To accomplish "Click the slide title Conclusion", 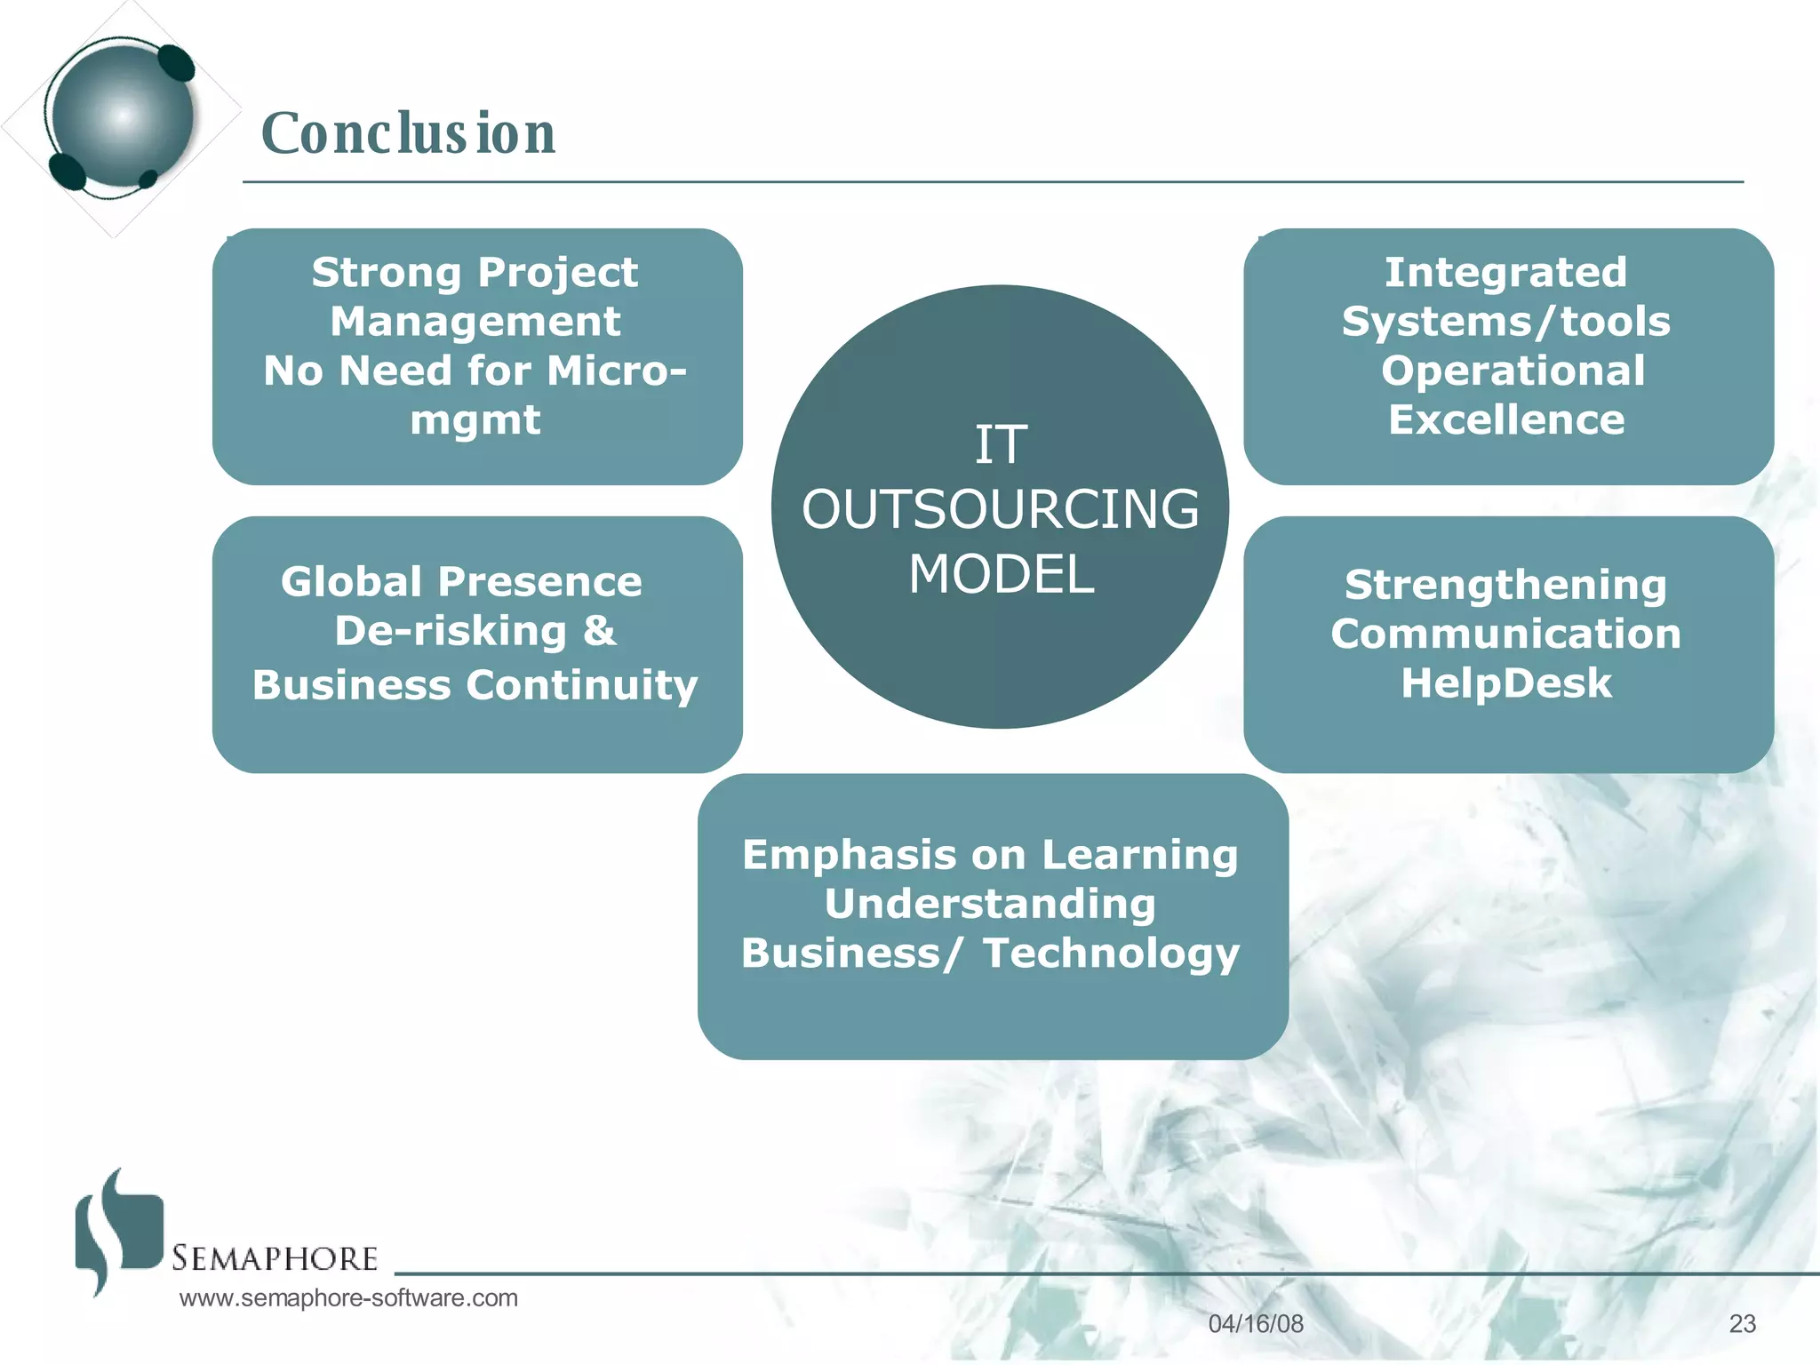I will [x=408, y=133].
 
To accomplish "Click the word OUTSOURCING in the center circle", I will [x=1001, y=509].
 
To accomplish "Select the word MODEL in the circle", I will [x=1001, y=574].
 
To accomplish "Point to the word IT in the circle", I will [x=1001, y=444].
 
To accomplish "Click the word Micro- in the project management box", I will [x=617, y=371].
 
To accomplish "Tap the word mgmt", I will [x=475, y=420].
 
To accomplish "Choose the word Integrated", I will [x=1505, y=272].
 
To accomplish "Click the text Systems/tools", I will [x=1505, y=322].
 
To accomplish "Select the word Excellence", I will [x=1506, y=419].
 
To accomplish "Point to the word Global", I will [x=351, y=582].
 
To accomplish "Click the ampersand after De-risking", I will [x=600, y=631].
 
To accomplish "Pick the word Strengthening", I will [x=1505, y=585].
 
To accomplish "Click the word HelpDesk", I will [x=1506, y=683].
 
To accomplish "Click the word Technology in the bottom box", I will [x=1111, y=954].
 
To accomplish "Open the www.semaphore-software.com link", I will [x=348, y=1297].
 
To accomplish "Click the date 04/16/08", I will [x=1256, y=1324].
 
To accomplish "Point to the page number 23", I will [x=1742, y=1324].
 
